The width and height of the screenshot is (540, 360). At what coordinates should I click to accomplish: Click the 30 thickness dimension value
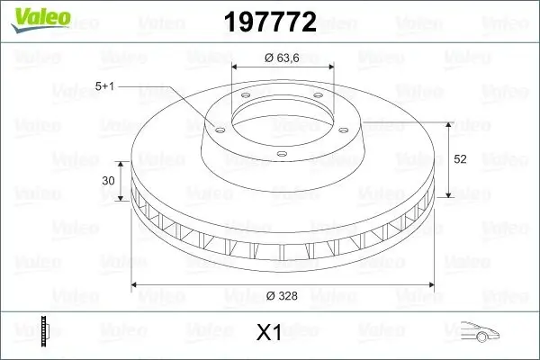110,180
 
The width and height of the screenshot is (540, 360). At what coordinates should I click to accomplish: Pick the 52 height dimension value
461,158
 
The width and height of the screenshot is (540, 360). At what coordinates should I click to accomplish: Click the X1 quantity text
269,334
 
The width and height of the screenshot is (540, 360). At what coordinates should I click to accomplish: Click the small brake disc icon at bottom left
46,332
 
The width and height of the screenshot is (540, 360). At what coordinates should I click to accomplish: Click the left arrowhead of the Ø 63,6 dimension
236,67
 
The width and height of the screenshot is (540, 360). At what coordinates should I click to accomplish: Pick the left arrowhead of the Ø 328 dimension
135,286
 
